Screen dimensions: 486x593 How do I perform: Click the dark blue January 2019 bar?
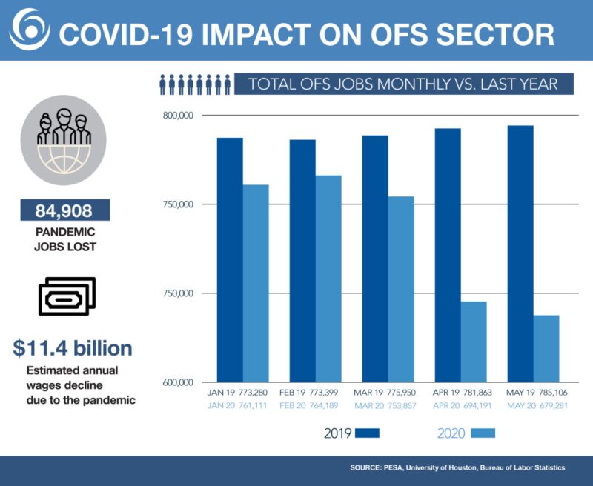click(x=229, y=259)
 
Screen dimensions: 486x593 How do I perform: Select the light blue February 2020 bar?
click(x=328, y=279)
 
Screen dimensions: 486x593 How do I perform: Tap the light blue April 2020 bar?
click(x=474, y=342)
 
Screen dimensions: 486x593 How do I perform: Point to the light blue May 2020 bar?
click(x=546, y=348)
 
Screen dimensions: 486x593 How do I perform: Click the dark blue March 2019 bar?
click(x=374, y=259)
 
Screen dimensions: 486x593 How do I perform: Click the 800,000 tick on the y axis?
click(x=177, y=116)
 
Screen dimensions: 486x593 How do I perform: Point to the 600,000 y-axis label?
click(x=177, y=382)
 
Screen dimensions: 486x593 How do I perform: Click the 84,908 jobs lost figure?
click(x=65, y=210)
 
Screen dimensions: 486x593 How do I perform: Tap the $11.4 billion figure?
click(x=73, y=347)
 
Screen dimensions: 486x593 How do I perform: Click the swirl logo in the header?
click(x=28, y=30)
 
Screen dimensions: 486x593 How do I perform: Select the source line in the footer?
click(x=457, y=468)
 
